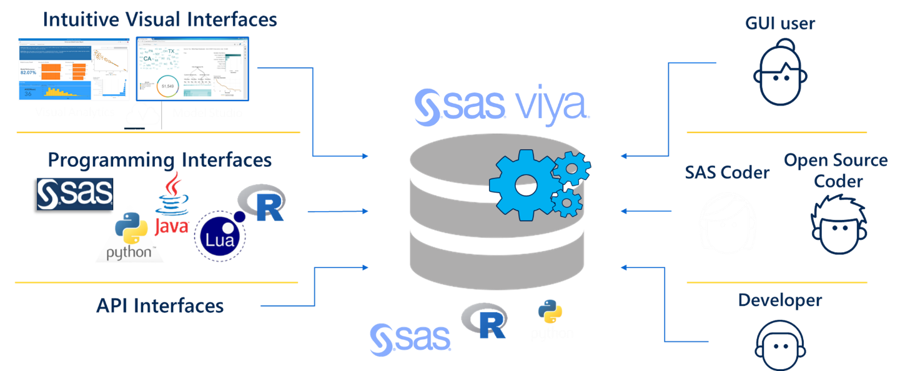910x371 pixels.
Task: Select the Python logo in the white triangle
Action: [132, 235]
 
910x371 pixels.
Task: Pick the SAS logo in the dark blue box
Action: [75, 194]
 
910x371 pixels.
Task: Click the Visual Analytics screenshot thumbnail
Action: [74, 69]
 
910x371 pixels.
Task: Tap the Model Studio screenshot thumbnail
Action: [192, 69]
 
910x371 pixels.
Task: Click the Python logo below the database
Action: [551, 320]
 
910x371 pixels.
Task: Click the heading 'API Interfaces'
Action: [160, 306]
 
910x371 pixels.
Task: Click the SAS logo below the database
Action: [410, 339]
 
